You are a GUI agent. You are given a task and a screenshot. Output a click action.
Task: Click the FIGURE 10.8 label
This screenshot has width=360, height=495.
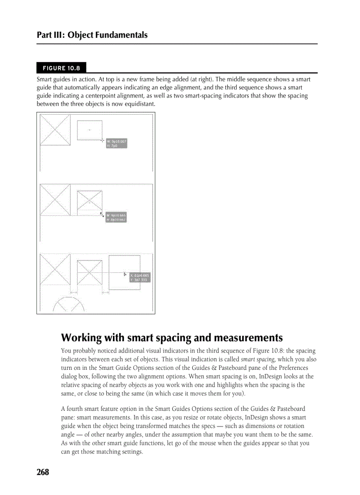point(61,68)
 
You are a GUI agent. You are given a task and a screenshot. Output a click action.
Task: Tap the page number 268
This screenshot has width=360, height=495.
point(43,472)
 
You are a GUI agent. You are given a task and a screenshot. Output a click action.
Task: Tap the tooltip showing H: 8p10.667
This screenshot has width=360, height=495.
point(116,220)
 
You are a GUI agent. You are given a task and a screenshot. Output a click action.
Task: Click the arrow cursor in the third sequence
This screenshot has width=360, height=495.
point(125,274)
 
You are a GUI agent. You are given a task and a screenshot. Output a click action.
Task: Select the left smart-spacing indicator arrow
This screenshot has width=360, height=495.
point(74,292)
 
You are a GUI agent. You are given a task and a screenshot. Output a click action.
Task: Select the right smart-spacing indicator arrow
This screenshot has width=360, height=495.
point(105,292)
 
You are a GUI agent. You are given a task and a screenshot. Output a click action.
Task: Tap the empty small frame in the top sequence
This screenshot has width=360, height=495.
point(90,130)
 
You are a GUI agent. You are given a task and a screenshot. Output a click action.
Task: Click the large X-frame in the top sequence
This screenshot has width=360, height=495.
point(55,129)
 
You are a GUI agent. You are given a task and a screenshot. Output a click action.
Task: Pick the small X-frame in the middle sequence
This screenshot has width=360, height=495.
point(90,201)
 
